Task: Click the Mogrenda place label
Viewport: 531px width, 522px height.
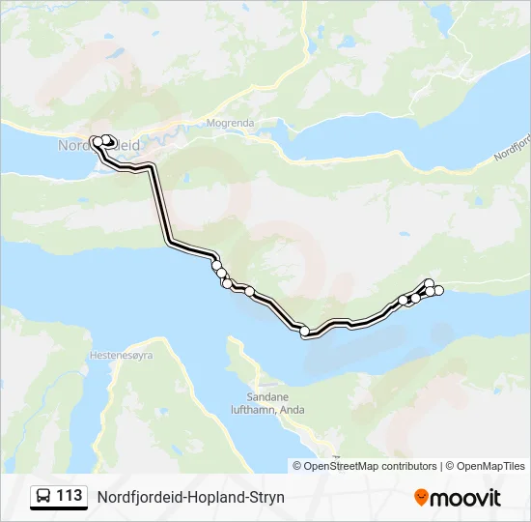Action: (x=230, y=123)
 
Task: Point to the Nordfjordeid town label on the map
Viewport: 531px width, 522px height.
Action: (x=99, y=145)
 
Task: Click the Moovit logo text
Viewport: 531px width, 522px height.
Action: (x=465, y=498)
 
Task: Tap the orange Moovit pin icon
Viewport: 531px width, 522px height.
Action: (x=421, y=498)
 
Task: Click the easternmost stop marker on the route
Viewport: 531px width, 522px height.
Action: (x=438, y=291)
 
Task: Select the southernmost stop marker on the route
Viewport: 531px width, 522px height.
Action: (x=305, y=332)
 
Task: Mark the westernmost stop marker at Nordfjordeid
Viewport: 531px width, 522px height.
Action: (x=97, y=141)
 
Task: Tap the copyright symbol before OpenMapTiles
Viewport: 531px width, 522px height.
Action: (x=449, y=466)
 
